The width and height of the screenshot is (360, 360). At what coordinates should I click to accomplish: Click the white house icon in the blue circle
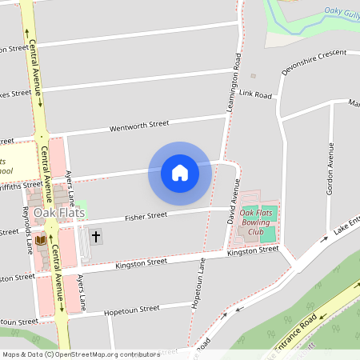[179, 173]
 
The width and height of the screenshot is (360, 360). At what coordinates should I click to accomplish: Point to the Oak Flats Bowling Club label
[257, 222]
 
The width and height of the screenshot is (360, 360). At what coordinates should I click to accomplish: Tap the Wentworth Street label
[139, 125]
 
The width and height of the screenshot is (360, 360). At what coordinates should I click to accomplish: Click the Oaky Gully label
[342, 11]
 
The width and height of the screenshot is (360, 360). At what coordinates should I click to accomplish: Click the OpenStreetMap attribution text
[80, 354]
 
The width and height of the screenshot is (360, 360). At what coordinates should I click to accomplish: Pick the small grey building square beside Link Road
[253, 76]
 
